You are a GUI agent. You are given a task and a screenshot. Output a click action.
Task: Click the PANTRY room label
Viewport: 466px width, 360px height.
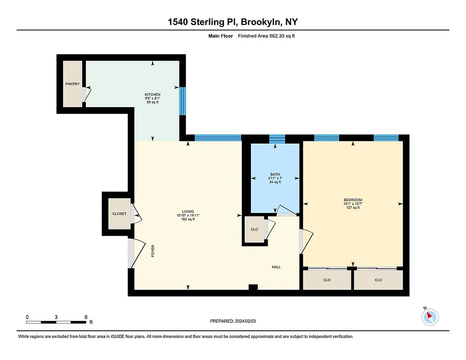[72, 84]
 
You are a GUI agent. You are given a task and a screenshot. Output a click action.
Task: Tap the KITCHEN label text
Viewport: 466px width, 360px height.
[152, 94]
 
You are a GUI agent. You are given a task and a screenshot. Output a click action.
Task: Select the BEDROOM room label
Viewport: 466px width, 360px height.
[353, 200]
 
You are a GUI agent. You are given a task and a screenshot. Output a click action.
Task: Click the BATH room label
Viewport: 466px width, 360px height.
[275, 174]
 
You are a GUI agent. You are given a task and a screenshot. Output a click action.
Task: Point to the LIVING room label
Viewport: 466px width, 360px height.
[188, 211]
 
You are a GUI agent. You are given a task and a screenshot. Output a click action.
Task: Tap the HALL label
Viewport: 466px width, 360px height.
[276, 267]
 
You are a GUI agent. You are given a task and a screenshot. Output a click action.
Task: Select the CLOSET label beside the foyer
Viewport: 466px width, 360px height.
[119, 214]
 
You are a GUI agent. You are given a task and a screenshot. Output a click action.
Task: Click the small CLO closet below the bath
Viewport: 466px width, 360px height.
[254, 229]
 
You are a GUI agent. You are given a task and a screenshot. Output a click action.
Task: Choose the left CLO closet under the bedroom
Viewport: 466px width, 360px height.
[327, 280]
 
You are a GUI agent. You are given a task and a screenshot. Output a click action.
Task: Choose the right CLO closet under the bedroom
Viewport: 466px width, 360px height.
[378, 280]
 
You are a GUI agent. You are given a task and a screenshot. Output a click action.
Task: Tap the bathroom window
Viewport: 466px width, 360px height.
[277, 138]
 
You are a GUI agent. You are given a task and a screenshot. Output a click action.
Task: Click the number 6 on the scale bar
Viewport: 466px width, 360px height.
[85, 317]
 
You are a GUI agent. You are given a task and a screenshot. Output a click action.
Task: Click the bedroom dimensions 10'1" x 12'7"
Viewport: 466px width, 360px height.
[353, 204]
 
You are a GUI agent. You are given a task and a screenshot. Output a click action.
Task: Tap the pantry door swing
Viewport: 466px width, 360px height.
[87, 93]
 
